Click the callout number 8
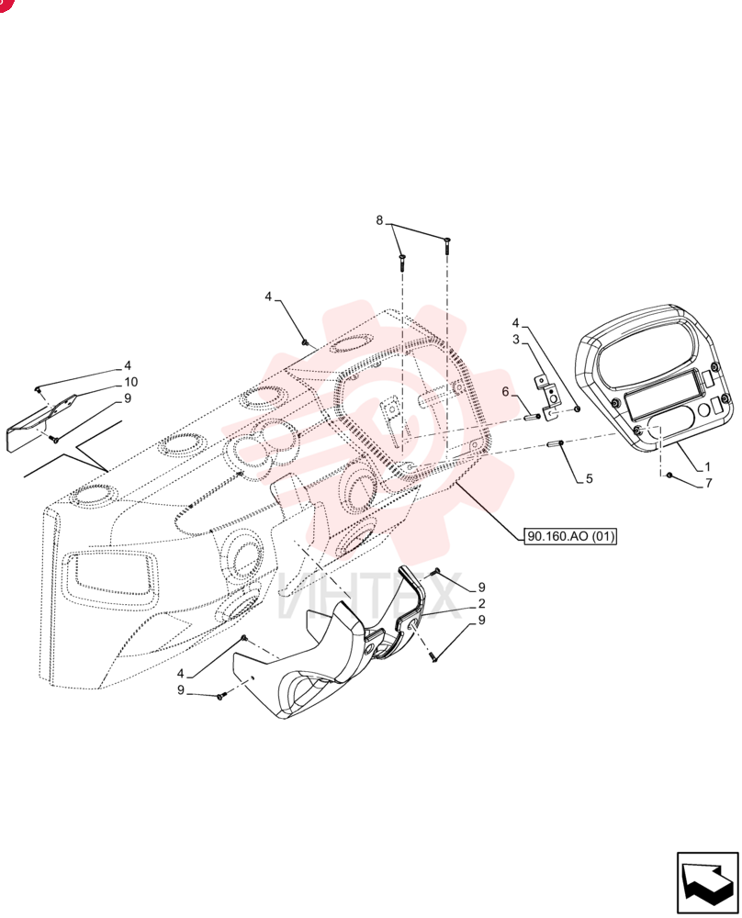pos(379,220)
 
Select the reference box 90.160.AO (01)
pos(571,536)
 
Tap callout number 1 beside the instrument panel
pos(707,466)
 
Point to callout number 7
pos(709,483)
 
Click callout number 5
pos(590,478)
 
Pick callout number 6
pos(505,392)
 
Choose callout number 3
pos(516,340)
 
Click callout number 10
pos(130,382)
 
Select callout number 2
pos(481,604)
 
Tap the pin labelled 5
pos(556,444)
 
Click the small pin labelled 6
pos(533,416)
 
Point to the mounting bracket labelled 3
pos(549,397)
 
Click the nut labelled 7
pos(669,475)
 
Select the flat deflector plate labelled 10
pos(41,422)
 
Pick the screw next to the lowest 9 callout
pos(220,697)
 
